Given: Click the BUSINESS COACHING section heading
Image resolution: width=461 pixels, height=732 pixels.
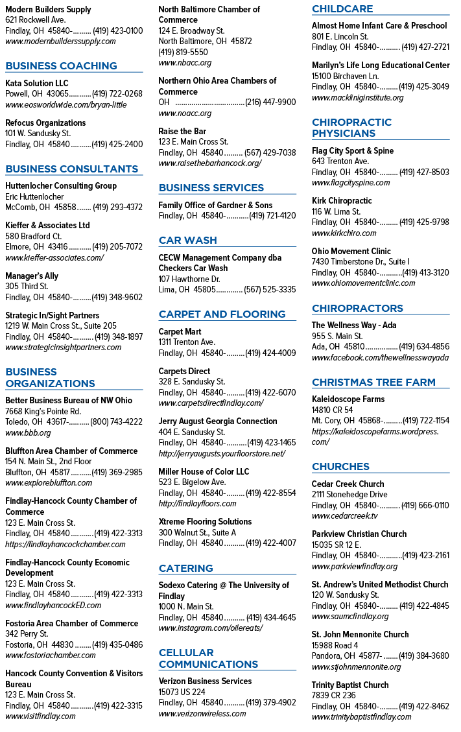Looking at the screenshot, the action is click(x=61, y=66).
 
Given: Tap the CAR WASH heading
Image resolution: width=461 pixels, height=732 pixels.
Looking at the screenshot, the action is click(x=188, y=241).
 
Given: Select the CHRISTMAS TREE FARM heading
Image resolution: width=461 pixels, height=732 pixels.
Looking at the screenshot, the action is click(x=373, y=383).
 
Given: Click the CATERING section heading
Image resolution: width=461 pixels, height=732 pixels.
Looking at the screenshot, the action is click(x=186, y=569).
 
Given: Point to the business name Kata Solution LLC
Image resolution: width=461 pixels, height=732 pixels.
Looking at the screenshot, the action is click(x=37, y=83).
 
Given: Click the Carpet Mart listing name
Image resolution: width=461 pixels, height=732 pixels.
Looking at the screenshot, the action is click(x=180, y=331).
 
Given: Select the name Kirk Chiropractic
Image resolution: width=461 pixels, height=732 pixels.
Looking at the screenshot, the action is click(x=342, y=201).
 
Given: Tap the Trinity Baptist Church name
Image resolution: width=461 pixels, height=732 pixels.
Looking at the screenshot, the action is click(x=350, y=685).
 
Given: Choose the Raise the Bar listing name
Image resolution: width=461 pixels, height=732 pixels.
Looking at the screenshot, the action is click(x=182, y=131).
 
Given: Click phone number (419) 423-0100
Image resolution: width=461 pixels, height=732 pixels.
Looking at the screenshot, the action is click(x=118, y=31).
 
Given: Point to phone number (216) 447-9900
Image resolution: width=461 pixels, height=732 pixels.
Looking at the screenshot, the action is click(x=270, y=102).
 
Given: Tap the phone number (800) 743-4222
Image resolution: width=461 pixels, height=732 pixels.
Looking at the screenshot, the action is click(x=116, y=422).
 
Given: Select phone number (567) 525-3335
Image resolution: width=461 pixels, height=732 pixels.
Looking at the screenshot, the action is click(x=270, y=290).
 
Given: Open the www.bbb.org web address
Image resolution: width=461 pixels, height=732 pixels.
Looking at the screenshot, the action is click(x=28, y=432).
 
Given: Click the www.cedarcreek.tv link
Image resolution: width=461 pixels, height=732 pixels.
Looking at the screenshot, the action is click(x=345, y=516).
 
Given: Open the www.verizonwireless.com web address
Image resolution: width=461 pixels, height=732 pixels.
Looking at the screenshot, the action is click(x=202, y=713).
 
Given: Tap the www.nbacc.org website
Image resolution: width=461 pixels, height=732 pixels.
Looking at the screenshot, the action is click(x=185, y=62).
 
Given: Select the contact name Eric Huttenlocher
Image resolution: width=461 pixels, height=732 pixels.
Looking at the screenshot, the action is click(x=34, y=196).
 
